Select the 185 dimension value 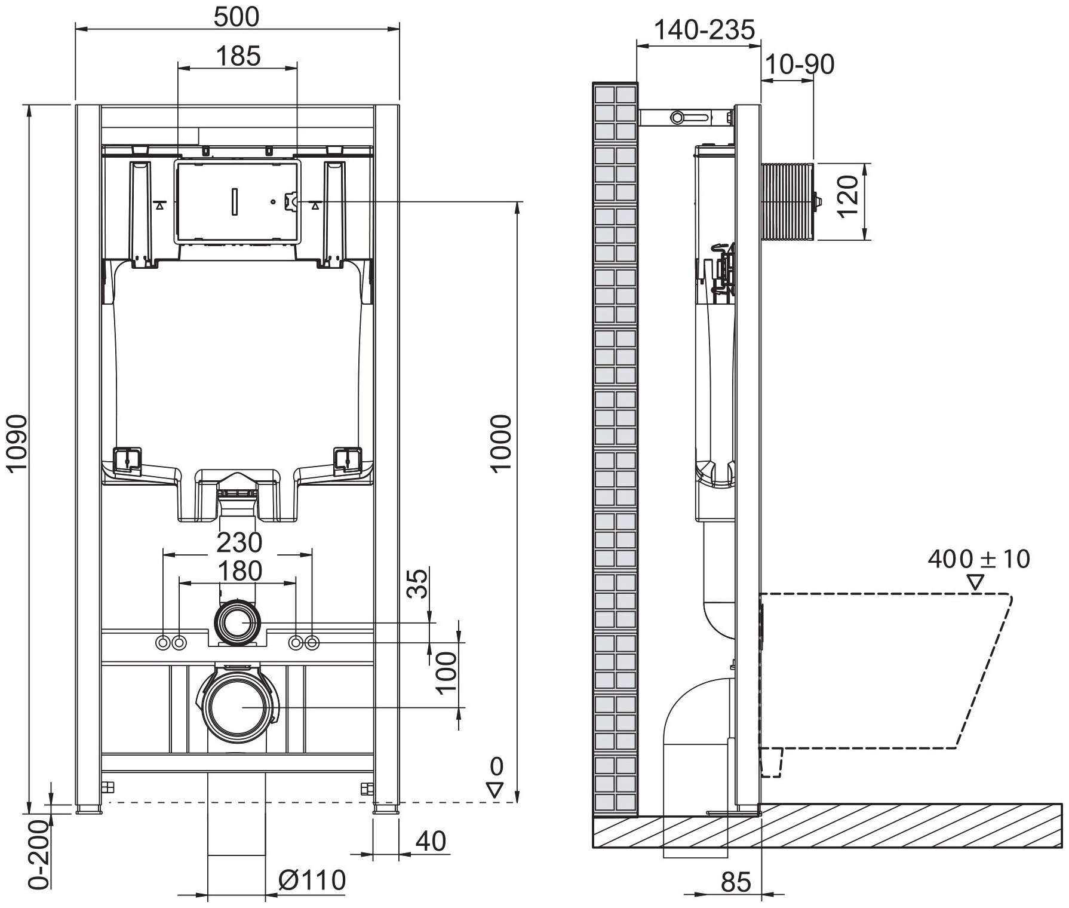[x=238, y=56]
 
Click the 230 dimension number [x=239, y=542]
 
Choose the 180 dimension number [x=239, y=571]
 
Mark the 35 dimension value [x=419, y=583]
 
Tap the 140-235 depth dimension [x=705, y=29]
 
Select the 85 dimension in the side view [x=736, y=882]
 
